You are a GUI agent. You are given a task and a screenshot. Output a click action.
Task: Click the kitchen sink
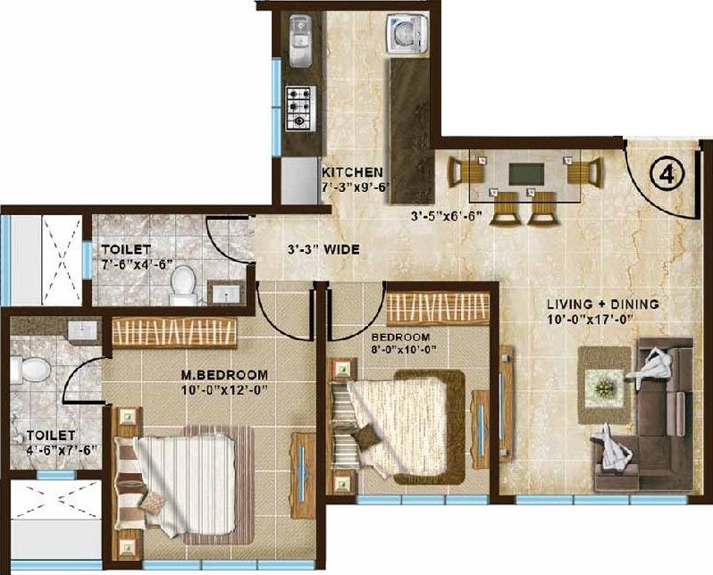(x=298, y=50)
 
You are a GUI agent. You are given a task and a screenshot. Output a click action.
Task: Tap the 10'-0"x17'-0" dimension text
(x=603, y=319)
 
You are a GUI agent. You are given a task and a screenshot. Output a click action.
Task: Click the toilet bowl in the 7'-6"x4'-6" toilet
(x=182, y=283)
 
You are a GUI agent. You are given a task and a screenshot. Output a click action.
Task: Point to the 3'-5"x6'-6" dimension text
(x=444, y=216)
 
